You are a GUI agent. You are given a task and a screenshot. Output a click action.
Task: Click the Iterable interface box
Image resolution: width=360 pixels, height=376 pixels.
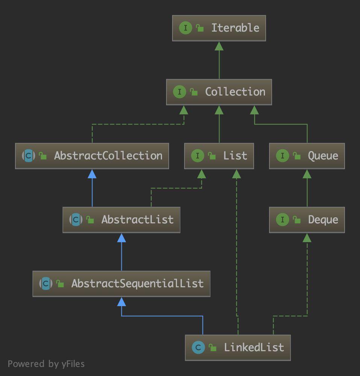point(219,28)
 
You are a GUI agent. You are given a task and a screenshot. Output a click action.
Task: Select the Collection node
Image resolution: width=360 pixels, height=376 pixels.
point(219,92)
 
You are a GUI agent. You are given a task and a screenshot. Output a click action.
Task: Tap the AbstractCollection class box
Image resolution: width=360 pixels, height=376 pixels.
point(92,156)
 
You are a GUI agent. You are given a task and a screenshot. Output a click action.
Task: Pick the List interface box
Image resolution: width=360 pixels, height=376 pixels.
point(219,156)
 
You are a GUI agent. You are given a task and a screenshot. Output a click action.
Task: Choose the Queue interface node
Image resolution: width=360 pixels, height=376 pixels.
point(307,156)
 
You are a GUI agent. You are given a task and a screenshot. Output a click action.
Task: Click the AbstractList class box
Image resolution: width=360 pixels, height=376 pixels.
point(121,220)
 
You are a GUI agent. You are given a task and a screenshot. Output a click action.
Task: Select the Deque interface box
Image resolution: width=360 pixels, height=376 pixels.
point(307,220)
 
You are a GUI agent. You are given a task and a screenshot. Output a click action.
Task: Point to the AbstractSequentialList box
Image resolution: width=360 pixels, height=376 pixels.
point(121,284)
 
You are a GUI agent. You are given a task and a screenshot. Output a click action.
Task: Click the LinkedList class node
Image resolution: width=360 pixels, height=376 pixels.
point(237,348)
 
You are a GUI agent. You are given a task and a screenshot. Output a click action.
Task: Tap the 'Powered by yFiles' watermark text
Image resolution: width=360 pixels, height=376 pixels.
point(46,364)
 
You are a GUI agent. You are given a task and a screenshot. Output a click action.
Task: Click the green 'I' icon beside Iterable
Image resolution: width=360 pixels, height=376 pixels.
point(185,28)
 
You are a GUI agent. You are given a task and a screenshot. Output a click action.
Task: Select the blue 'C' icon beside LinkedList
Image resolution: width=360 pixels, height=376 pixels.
point(198,348)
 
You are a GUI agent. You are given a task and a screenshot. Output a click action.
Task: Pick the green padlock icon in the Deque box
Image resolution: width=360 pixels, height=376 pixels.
point(297,220)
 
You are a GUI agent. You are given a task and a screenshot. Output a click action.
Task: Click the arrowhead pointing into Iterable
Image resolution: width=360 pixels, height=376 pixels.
point(219,46)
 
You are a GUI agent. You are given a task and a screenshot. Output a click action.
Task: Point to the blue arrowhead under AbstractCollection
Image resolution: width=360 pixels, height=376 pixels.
point(92,174)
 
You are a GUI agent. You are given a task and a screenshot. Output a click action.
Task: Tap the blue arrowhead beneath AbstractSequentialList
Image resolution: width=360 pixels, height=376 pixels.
point(121,302)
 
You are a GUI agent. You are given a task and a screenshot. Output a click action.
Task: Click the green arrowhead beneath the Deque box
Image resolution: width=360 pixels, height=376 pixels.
point(307,238)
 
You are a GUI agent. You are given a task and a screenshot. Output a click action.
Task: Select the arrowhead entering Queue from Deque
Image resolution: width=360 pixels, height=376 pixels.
point(307,174)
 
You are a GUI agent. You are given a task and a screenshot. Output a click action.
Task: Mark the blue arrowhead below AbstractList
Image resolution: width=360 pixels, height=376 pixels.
point(121,238)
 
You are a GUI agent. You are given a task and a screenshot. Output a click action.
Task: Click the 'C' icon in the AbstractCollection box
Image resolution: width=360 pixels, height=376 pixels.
point(29,156)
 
